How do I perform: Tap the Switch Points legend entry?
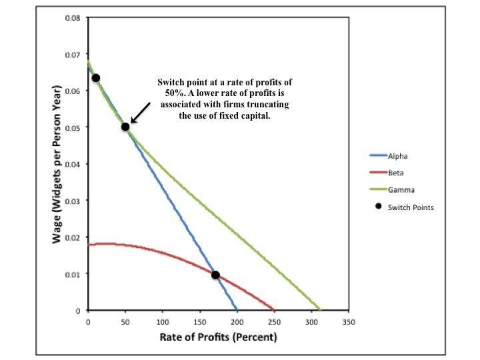[405, 207]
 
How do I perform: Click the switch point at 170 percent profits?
[215, 275]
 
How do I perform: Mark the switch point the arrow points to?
[125, 127]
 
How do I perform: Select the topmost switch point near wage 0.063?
[96, 78]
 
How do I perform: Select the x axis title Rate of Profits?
[218, 337]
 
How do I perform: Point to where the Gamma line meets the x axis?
[321, 310]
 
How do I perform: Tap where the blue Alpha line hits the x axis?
[237, 310]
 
